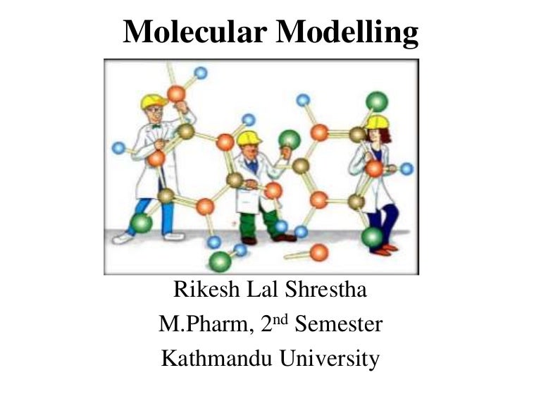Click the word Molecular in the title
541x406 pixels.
[x=195, y=32]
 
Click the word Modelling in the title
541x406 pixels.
[x=347, y=33]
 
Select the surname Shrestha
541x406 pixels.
[x=325, y=289]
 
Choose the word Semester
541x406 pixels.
[x=338, y=324]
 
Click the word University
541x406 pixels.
[x=330, y=359]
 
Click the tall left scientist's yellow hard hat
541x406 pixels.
[x=153, y=101]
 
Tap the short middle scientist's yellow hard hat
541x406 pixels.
[x=249, y=138]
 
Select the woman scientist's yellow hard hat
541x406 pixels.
[x=377, y=122]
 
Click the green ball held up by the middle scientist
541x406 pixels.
[x=290, y=140]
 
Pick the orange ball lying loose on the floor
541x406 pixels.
[x=319, y=252]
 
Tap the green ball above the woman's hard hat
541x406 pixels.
[x=377, y=101]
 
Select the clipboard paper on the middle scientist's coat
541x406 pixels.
[x=248, y=201]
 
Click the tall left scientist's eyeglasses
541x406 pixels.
[x=156, y=111]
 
